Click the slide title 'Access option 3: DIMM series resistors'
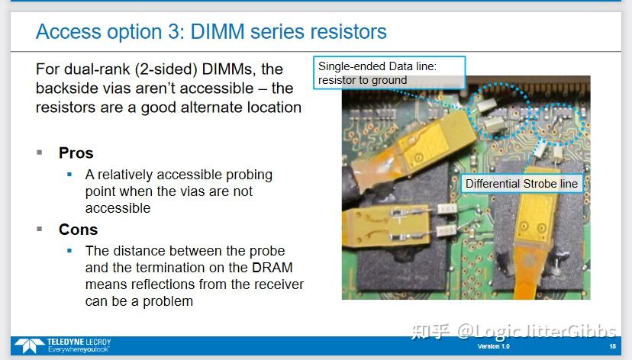tap(211, 32)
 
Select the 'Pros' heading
tap(76, 153)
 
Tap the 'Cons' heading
tap(78, 230)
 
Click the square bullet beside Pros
tap(40, 152)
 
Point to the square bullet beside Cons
tap(40, 229)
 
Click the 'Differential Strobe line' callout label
tap(522, 184)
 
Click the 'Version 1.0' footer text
tap(494, 347)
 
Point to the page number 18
tap(612, 347)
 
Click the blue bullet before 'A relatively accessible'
tap(69, 175)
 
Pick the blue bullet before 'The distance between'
tap(69, 251)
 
